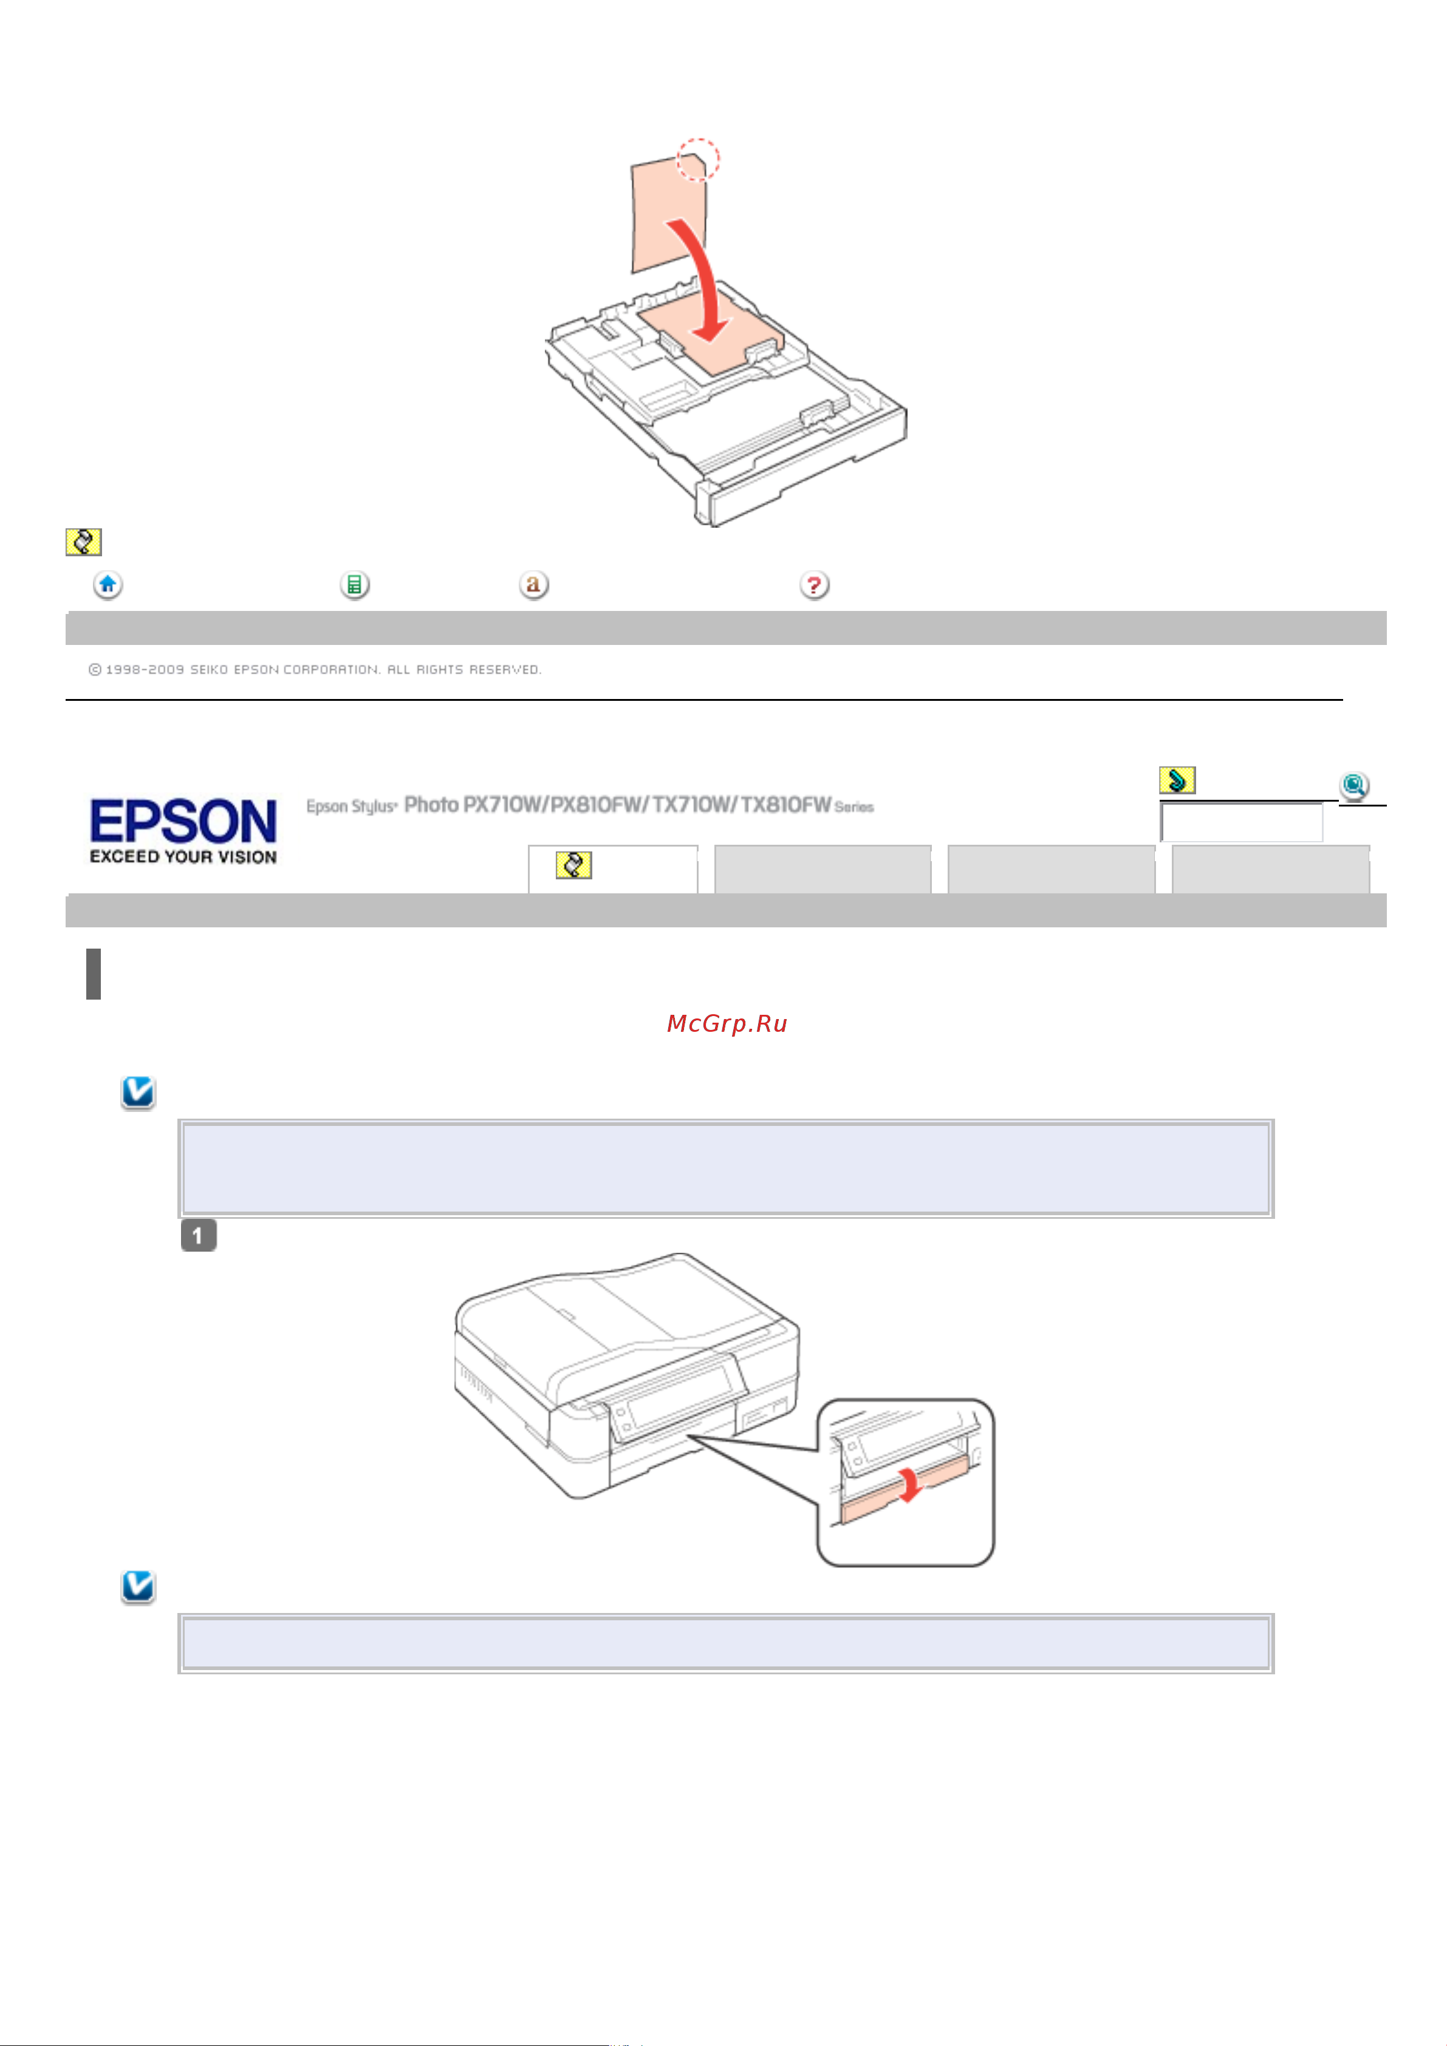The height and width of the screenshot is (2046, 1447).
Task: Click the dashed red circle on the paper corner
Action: coord(697,160)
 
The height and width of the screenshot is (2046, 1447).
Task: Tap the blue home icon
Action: coord(108,585)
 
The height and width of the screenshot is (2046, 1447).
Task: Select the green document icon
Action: coord(354,585)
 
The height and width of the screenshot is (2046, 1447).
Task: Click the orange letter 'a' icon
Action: coord(533,585)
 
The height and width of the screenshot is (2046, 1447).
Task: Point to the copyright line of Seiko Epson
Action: coord(314,669)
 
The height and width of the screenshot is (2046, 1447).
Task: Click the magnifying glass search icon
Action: coord(1353,785)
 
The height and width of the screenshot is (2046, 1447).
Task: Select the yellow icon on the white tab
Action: coord(573,864)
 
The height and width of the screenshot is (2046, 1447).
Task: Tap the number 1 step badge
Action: coord(198,1236)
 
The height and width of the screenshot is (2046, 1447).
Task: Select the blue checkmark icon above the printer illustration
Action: coord(138,1091)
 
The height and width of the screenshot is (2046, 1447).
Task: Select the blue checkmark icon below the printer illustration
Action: coord(138,1586)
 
